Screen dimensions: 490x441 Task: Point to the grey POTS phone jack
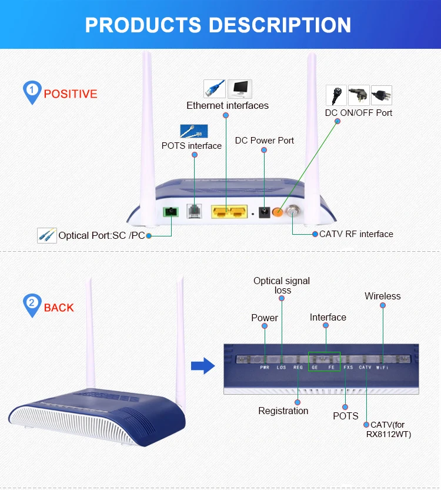click(194, 211)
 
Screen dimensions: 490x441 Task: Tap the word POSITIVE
click(71, 94)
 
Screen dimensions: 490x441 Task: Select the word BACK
click(59, 307)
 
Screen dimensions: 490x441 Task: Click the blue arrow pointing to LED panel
click(203, 367)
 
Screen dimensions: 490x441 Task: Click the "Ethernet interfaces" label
click(228, 106)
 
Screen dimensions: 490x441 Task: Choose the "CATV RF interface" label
click(356, 234)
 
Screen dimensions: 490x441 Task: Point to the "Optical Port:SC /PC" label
click(102, 236)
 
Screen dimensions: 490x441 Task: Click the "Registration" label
click(283, 411)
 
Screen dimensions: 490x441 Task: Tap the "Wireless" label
click(382, 296)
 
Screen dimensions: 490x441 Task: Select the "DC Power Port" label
click(265, 141)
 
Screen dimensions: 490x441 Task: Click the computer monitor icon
click(240, 89)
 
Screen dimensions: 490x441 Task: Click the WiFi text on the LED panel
click(382, 368)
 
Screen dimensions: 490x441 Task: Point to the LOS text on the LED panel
click(281, 368)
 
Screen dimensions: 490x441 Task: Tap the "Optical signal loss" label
click(282, 285)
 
